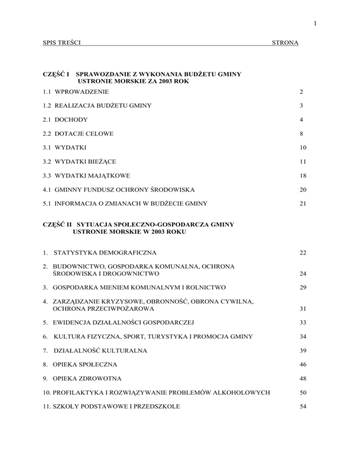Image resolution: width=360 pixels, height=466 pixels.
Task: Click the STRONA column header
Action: (286, 43)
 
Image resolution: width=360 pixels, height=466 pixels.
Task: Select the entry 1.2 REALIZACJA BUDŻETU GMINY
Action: (96, 105)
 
